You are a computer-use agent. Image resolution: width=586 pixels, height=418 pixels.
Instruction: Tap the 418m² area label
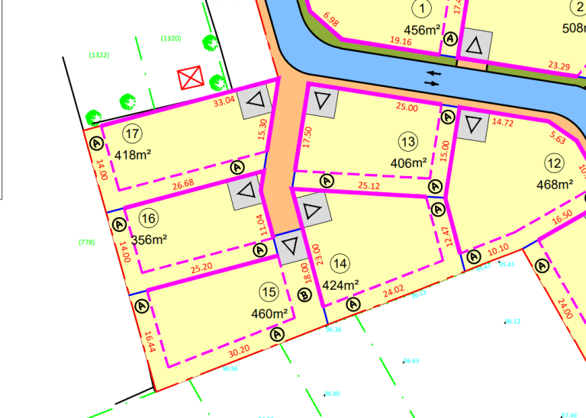point(136,155)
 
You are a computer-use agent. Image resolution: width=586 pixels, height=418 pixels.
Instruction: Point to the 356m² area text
point(150,239)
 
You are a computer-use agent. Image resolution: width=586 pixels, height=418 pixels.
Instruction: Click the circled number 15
point(269,291)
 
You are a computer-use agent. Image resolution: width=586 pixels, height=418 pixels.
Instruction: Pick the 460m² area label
point(269,313)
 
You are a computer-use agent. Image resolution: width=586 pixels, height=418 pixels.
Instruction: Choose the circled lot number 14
point(341,264)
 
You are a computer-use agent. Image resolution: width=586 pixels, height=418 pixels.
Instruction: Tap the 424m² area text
point(340,285)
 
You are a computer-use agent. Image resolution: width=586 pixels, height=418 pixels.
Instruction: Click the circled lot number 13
point(408,141)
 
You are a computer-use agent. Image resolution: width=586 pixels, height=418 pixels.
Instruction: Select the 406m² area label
point(408,162)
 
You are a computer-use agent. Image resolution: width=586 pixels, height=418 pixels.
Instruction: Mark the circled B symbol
point(304,296)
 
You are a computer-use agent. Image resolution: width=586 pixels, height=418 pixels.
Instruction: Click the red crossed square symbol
point(189,77)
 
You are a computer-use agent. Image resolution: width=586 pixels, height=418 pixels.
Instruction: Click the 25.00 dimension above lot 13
point(407,108)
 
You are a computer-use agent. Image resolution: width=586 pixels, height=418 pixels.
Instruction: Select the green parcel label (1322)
point(99,55)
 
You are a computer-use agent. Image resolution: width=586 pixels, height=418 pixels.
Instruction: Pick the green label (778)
point(86,242)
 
